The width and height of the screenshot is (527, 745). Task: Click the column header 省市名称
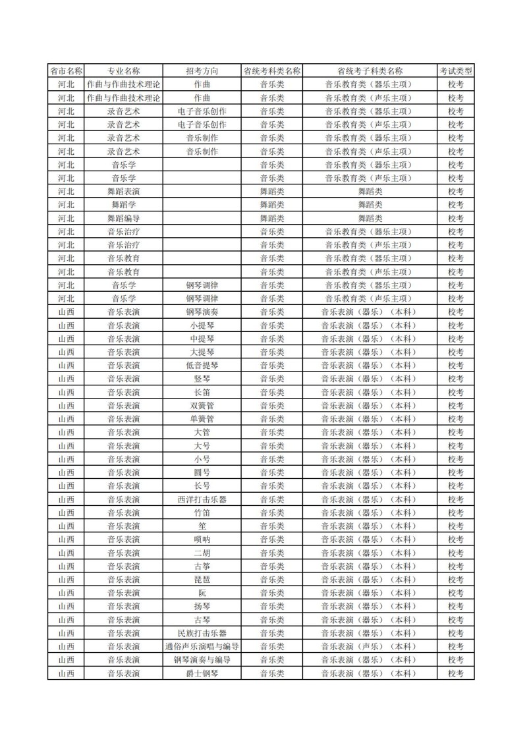(x=66, y=71)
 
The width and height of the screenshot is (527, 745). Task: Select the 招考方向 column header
(x=202, y=71)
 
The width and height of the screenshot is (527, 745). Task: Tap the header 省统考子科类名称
(x=370, y=71)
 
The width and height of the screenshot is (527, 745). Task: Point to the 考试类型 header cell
(x=456, y=71)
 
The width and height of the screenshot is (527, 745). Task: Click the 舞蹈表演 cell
(x=124, y=191)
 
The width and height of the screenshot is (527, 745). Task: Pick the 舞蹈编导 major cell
(x=124, y=218)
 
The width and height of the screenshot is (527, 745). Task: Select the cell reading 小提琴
(x=202, y=325)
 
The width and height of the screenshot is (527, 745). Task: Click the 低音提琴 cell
(x=202, y=365)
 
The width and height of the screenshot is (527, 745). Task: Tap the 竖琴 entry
(x=202, y=379)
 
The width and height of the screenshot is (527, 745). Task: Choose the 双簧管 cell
(x=202, y=405)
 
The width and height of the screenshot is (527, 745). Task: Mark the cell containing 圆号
(x=202, y=472)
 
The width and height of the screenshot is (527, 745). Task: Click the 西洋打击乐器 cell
(x=202, y=499)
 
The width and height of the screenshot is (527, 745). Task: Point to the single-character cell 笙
(x=202, y=526)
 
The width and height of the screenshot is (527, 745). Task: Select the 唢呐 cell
(x=202, y=539)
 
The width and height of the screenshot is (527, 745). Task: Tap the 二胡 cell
(x=202, y=553)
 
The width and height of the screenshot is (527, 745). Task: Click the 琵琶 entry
(x=202, y=580)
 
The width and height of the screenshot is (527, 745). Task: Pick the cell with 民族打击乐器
(x=202, y=633)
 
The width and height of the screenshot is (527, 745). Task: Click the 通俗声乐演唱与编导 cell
(x=202, y=646)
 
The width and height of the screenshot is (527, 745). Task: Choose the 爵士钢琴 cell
(x=202, y=673)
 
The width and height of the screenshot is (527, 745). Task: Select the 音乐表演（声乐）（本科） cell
(x=370, y=646)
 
